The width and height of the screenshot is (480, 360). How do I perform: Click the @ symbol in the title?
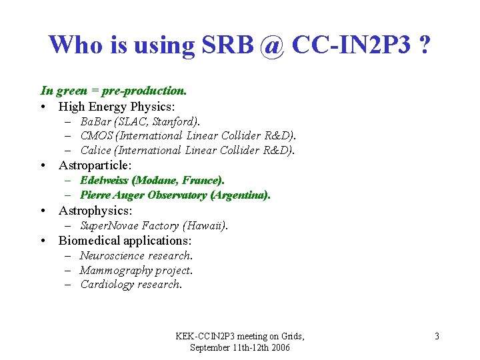coord(272,45)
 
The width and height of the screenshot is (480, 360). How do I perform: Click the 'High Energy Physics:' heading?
coord(117,106)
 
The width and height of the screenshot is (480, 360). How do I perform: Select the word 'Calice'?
coord(95,151)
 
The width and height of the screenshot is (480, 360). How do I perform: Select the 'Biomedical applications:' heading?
coord(125,240)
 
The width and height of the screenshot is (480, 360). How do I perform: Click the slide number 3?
coord(437,336)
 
